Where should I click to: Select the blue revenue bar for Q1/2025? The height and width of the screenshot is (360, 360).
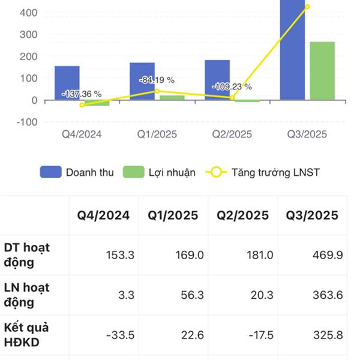coord(142,81)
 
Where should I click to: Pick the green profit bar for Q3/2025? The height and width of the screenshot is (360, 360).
coord(322,71)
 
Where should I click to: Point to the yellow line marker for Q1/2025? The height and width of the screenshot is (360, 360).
coord(157,91)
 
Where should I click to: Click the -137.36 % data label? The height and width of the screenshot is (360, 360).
coord(82,94)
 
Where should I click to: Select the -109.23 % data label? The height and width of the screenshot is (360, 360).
coord(232,86)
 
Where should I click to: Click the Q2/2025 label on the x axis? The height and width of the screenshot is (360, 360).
coord(232,134)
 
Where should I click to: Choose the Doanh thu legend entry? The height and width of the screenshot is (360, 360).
coord(78,173)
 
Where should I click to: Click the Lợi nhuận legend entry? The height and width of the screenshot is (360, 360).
coord(160,173)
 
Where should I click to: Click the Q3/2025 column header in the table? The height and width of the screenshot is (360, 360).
coord(312,215)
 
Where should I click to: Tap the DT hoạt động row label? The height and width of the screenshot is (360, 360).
coord(27,255)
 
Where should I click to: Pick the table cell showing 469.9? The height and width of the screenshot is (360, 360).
coord(328,255)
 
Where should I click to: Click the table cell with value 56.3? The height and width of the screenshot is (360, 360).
coord(191,295)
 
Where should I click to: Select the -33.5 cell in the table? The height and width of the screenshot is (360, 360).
coord(120,335)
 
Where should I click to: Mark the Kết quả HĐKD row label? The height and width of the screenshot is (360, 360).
coord(26,335)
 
